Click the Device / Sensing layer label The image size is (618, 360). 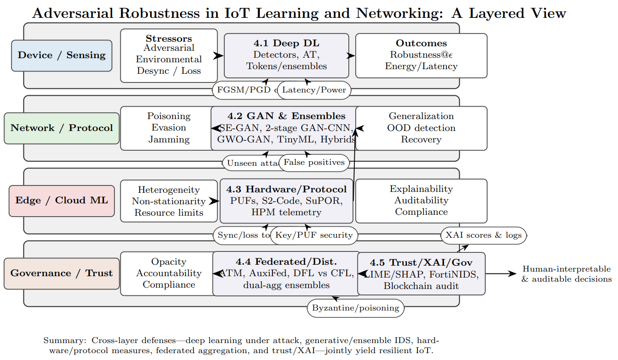point(61,55)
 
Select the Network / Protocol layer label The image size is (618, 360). point(61,128)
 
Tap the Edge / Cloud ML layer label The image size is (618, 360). point(61,201)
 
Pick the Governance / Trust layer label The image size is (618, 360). point(61,273)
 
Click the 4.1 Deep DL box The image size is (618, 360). point(286,55)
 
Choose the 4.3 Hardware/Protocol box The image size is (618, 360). point(287,201)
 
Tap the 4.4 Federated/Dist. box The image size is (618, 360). point(286,273)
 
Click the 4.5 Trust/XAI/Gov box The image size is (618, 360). point(421,273)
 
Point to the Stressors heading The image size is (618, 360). point(168,38)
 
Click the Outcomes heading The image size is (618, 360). point(421,44)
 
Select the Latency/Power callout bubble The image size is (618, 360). point(314,90)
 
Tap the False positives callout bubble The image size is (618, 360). point(314,163)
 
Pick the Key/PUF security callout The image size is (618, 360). point(314,235)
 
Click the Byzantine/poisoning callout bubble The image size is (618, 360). point(355,308)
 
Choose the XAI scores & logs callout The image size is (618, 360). point(483,235)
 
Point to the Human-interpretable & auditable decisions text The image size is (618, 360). point(566,274)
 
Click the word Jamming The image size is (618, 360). point(168,139)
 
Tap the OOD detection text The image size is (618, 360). point(421,128)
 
